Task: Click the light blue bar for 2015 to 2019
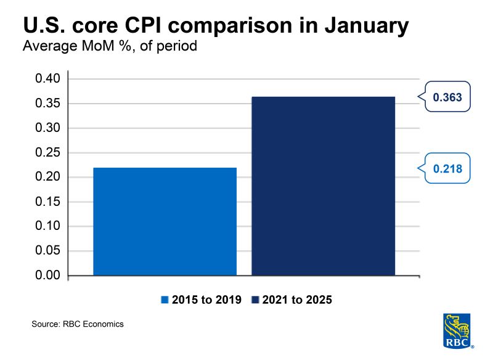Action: click(x=165, y=221)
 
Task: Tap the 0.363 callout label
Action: click(x=447, y=97)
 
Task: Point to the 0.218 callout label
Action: click(x=447, y=168)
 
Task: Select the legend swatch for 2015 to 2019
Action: click(x=165, y=300)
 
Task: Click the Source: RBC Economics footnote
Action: click(x=78, y=324)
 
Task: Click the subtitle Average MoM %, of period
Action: click(x=109, y=46)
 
